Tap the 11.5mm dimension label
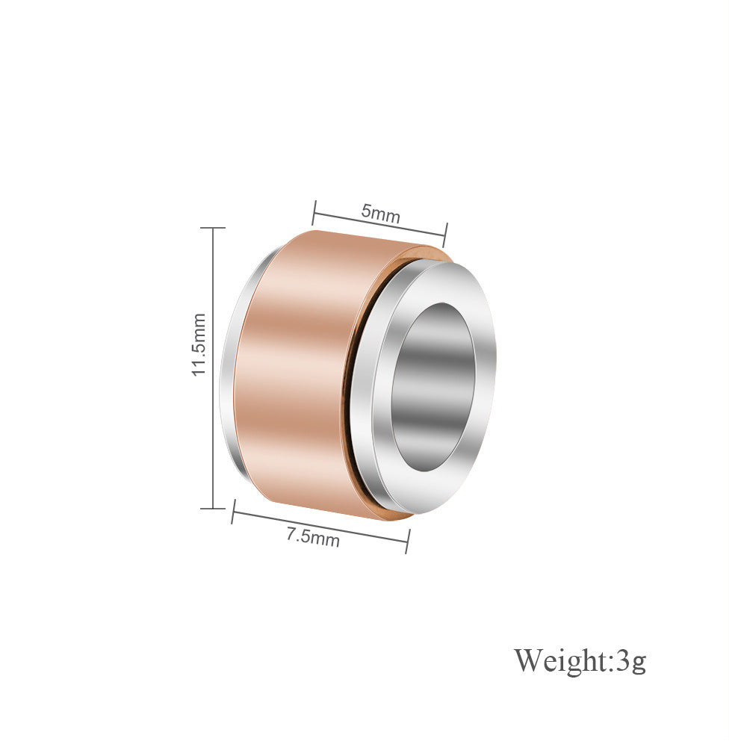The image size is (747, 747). point(198,344)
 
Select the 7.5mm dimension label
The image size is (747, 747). point(313,537)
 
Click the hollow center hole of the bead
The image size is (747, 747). point(433,386)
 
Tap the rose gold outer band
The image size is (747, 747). point(305,371)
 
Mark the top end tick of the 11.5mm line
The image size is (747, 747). point(212,228)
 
